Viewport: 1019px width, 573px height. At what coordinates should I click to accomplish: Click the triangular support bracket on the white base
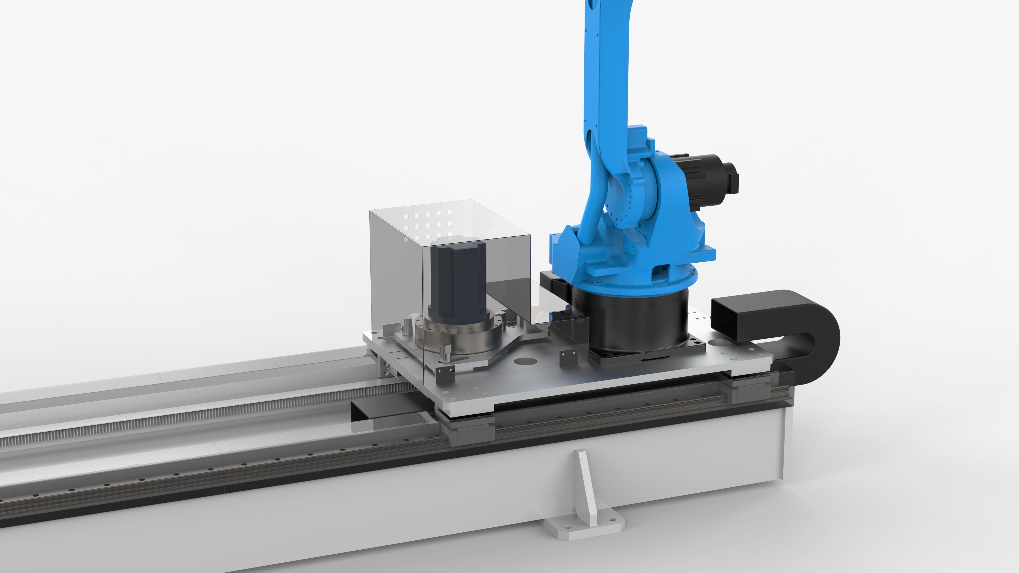click(x=585, y=487)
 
